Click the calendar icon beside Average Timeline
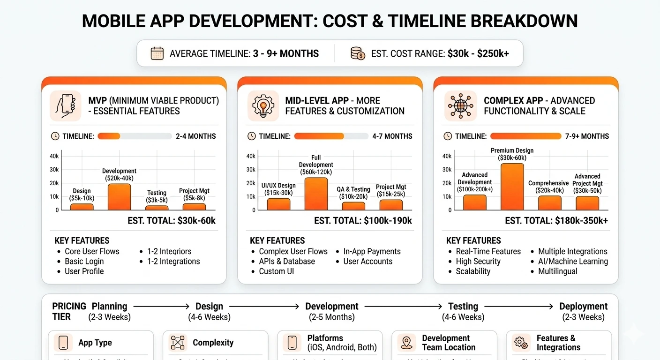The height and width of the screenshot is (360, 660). pos(157,53)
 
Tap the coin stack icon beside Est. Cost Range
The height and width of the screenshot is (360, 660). pos(358,53)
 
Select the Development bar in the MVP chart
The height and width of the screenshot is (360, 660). pos(119,197)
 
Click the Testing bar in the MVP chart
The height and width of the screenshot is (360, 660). pos(157,208)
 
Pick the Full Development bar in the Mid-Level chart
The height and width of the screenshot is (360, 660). pos(316,194)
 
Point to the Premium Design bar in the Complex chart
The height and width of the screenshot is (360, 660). pos(512,187)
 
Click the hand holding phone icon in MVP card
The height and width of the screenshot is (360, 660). pos(65,105)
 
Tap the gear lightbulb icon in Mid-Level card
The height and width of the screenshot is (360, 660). pos(262,105)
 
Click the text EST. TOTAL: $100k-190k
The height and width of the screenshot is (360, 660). pos(363,221)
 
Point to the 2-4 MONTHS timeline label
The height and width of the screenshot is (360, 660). pos(196,136)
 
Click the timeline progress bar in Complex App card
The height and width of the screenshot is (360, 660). pos(525,136)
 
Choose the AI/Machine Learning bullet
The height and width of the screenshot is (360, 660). pos(573,262)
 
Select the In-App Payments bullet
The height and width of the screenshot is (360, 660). pos(372,252)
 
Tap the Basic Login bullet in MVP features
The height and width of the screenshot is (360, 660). pos(84,262)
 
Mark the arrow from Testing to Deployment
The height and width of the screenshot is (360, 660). pos(518,307)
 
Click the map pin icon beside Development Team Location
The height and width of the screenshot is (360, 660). pos(406,343)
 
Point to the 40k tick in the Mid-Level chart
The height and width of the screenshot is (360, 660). pos(251,156)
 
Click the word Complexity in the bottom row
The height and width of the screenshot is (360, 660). pos(213,343)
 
